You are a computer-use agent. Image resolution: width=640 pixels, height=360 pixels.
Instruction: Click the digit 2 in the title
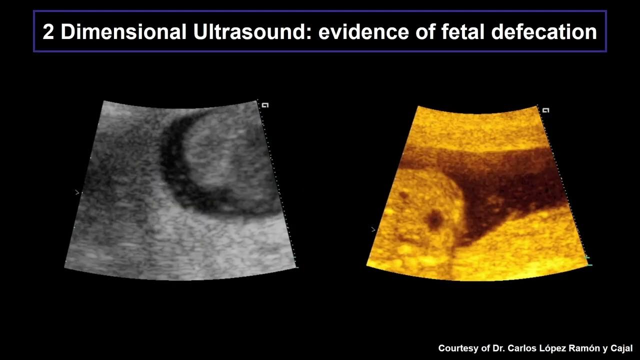point(48,32)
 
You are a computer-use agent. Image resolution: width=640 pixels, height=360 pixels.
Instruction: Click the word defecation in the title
point(544,32)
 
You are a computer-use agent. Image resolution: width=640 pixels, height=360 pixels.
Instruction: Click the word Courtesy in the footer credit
point(458,348)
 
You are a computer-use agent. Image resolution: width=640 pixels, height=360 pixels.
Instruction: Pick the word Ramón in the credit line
point(585,348)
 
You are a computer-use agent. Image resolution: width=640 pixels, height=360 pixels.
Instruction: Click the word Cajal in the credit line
point(622,348)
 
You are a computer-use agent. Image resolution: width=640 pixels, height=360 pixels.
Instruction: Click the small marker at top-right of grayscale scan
point(265,105)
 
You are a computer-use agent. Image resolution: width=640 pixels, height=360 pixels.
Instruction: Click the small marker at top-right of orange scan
point(546,110)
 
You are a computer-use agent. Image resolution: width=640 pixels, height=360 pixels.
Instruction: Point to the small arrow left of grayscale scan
point(76,192)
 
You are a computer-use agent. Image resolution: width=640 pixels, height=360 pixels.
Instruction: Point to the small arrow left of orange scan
point(373,229)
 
